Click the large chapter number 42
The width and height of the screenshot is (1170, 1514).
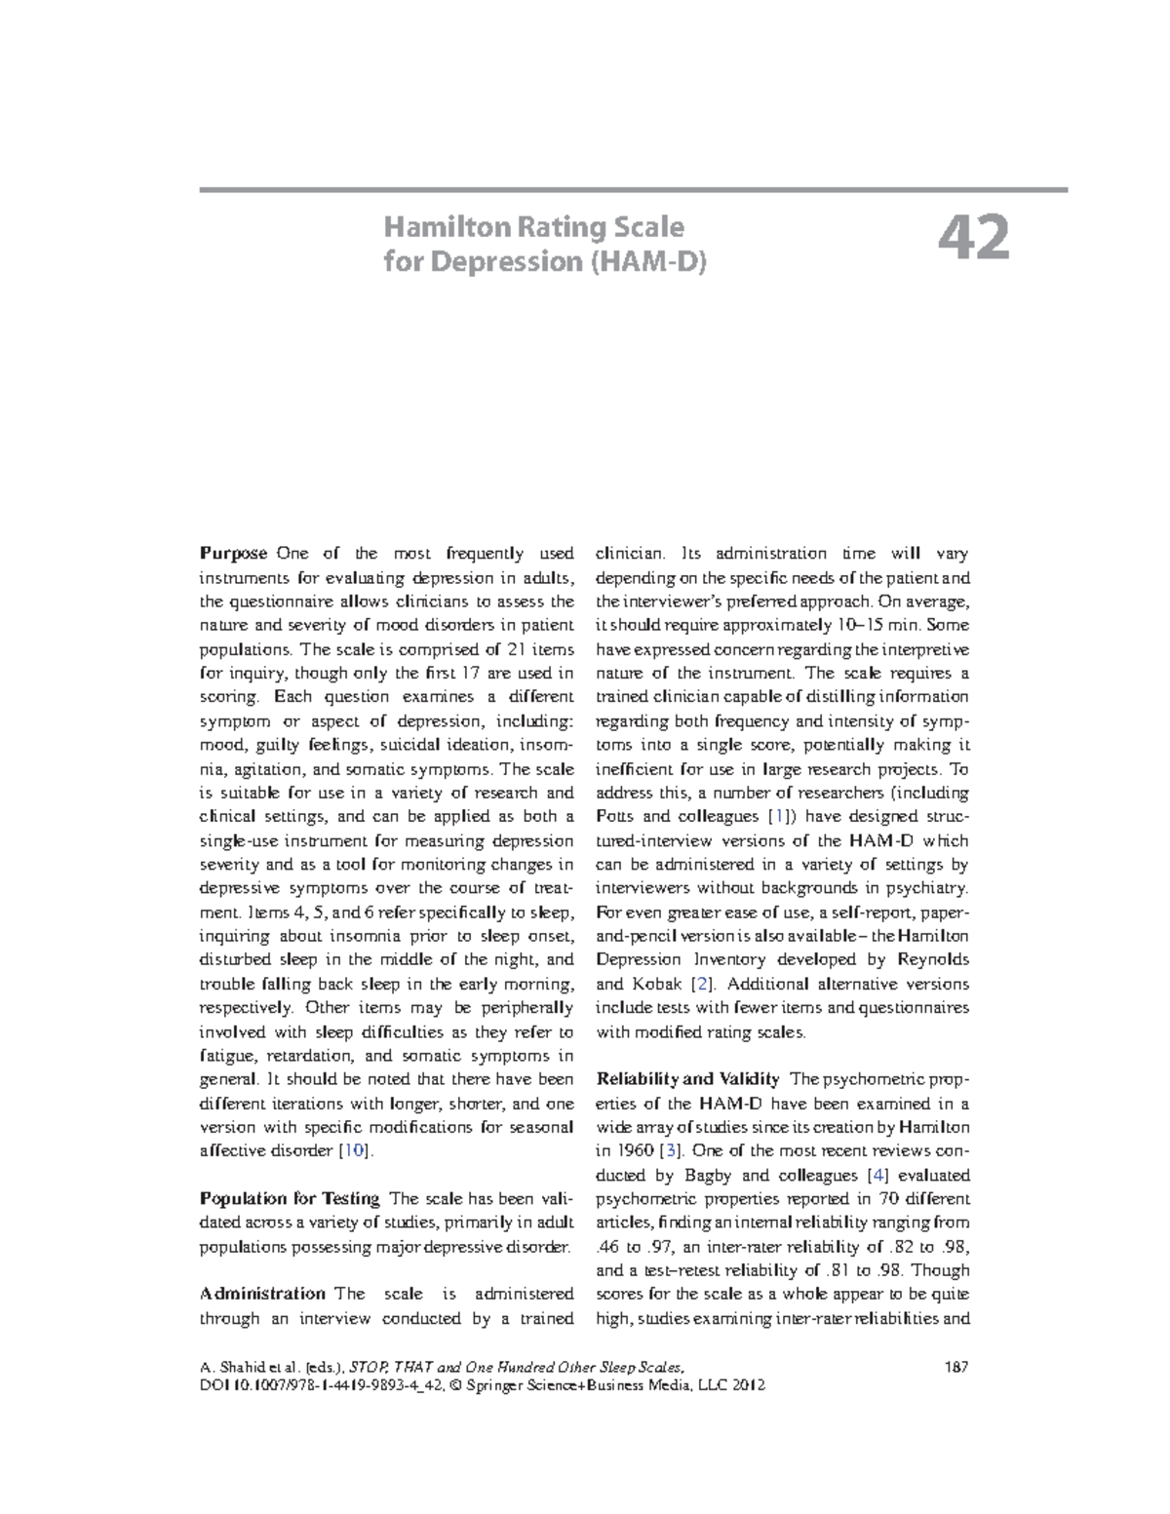[974, 240]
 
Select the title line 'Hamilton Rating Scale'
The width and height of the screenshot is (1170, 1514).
[533, 227]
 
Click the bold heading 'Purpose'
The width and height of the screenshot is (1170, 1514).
[233, 554]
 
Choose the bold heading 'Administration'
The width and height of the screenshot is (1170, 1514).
[262, 1294]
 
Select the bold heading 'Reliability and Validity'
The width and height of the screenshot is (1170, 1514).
[687, 1079]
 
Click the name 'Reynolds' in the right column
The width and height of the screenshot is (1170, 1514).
[927, 960]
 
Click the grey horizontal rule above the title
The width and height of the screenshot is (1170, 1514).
[634, 189]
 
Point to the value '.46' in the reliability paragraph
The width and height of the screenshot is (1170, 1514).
[605, 1247]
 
